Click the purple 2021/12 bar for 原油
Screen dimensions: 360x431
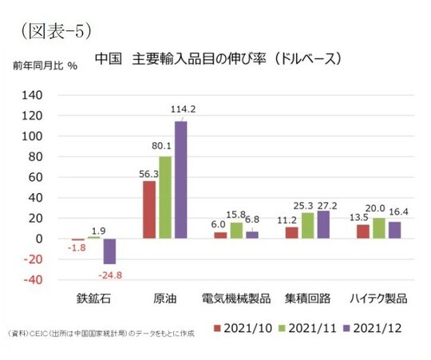(x=181, y=180)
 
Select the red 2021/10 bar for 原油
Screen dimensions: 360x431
(x=149, y=210)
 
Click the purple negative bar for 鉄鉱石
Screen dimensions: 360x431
(x=109, y=251)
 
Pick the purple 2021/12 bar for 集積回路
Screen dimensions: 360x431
(x=323, y=225)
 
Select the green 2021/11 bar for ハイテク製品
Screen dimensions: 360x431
(x=378, y=228)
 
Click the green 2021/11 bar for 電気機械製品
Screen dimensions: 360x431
(x=236, y=231)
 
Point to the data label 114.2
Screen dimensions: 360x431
(x=184, y=109)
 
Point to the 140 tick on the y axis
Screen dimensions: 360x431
(x=40, y=94)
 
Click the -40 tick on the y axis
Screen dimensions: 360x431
(x=40, y=280)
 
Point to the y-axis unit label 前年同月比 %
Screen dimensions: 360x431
(x=45, y=65)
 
